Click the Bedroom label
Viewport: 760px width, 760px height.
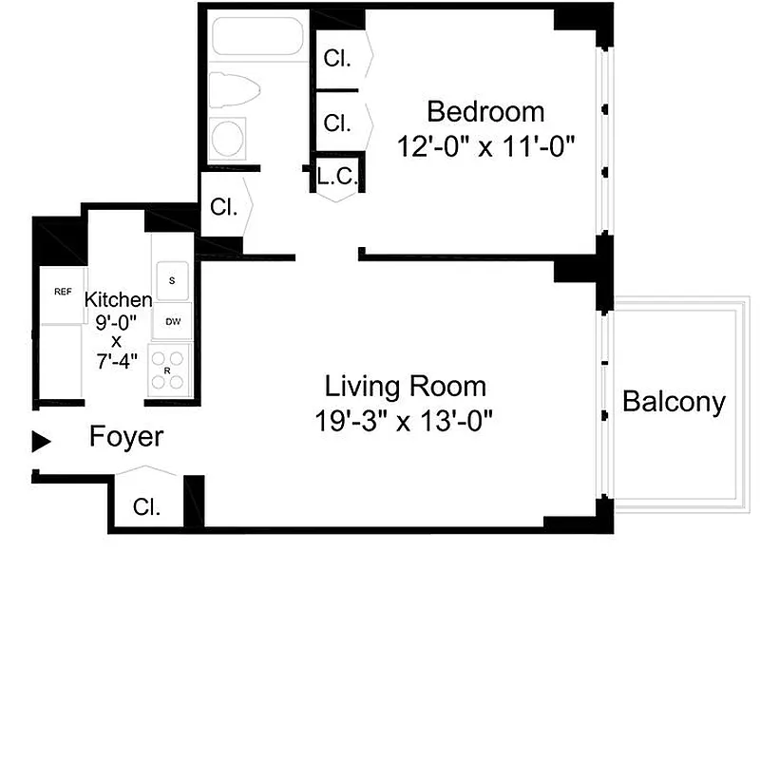[x=485, y=111]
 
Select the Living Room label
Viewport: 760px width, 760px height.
[x=406, y=387]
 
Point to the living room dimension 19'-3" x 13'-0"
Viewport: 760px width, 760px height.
[x=406, y=420]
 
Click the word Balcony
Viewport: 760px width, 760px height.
[x=674, y=402]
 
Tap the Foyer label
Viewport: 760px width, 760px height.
[x=126, y=438]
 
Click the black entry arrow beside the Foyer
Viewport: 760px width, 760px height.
[x=41, y=440]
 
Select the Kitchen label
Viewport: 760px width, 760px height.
[x=118, y=299]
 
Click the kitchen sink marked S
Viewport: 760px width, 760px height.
[x=172, y=280]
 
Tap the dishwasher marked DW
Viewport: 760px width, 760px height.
[x=172, y=321]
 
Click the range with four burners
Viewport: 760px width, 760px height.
[x=172, y=370]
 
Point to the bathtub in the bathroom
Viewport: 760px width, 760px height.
[x=256, y=38]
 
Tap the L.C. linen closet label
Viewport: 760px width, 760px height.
[x=336, y=176]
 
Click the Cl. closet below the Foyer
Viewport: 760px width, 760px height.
[x=146, y=506]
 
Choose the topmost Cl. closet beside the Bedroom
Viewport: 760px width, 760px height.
[x=337, y=58]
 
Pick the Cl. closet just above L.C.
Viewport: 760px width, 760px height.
[x=337, y=123]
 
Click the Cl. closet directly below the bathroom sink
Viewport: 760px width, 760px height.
[x=224, y=207]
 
